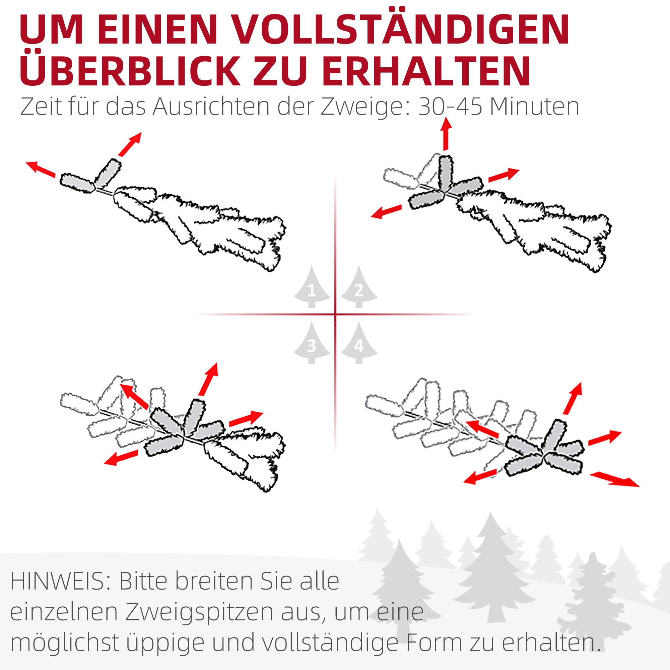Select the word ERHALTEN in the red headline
pyautogui.click(x=426, y=71)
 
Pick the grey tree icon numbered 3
pyautogui.click(x=312, y=342)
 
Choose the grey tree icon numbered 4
pyautogui.click(x=359, y=342)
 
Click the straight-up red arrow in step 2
pyautogui.click(x=446, y=134)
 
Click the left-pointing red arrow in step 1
pyautogui.click(x=41, y=169)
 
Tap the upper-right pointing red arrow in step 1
pyautogui.click(x=130, y=144)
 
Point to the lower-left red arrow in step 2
pyautogui.click(x=386, y=211)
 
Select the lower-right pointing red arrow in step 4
pyautogui.click(x=614, y=479)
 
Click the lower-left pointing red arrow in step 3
pyautogui.click(x=121, y=457)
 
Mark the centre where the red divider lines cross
pyautogui.click(x=335, y=315)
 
